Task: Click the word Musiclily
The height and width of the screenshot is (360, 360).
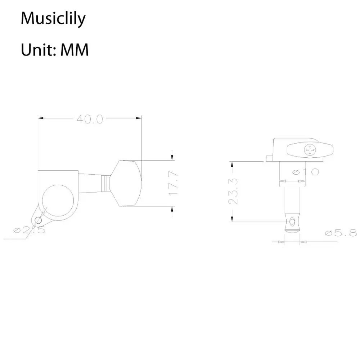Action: tap(53, 19)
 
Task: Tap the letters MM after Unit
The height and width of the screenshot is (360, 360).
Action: tap(74, 50)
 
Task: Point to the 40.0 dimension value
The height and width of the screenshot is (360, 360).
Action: tap(90, 120)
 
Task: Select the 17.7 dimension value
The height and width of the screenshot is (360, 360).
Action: tap(173, 183)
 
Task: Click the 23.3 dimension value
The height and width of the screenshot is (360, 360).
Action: tap(234, 192)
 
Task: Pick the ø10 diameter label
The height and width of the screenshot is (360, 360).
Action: tap(306, 172)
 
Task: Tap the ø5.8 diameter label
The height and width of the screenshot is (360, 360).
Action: tap(341, 233)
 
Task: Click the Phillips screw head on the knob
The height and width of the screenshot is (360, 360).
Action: tap(310, 150)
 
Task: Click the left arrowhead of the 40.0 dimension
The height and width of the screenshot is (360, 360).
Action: tap(41, 118)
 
